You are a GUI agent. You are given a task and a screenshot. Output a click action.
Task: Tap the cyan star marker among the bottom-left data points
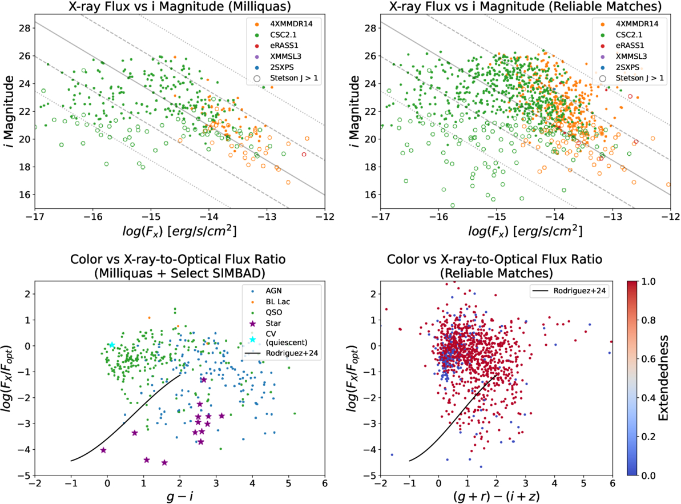pyautogui.click(x=112, y=345)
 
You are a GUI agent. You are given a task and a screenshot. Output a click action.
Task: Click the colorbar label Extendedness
pyautogui.click(x=665, y=378)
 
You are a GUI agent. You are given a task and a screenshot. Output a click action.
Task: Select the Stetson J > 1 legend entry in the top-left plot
pyautogui.click(x=291, y=79)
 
